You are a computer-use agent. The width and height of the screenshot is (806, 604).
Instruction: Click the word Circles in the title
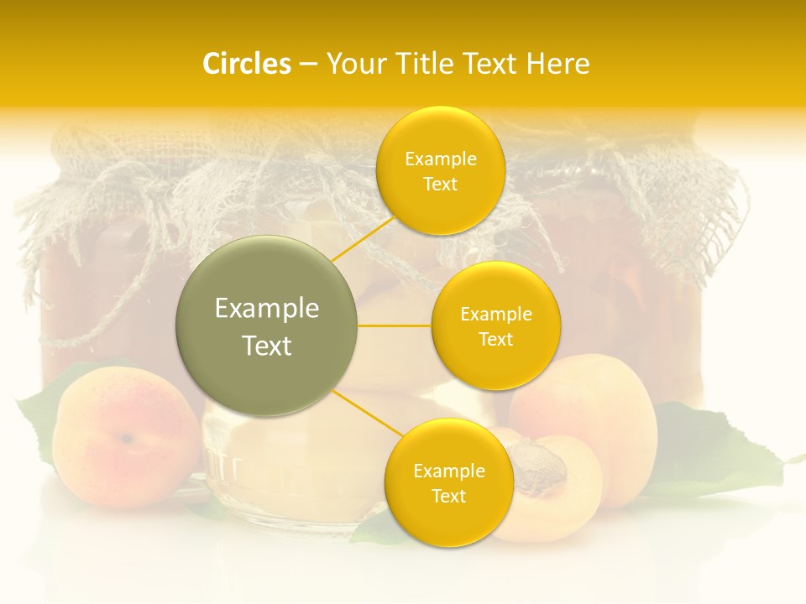tap(246, 64)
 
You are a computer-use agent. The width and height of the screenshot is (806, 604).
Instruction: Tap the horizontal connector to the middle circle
tap(395, 325)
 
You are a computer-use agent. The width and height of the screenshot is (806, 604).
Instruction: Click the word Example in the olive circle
tap(267, 309)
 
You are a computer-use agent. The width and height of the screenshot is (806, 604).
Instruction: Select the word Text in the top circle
tap(441, 184)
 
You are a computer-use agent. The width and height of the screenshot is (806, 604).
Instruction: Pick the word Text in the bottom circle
tap(448, 496)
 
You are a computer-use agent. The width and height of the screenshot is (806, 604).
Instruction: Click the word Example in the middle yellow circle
tap(496, 315)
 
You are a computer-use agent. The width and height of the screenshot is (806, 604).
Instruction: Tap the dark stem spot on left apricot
tap(126, 437)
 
